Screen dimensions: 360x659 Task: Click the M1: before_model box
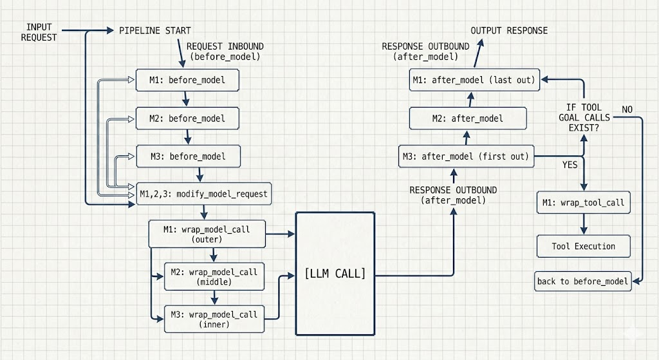[x=187, y=81]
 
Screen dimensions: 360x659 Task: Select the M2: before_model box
[x=187, y=118]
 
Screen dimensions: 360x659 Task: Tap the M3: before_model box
[x=189, y=156]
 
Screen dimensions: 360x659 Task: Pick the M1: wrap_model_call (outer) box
[x=207, y=234]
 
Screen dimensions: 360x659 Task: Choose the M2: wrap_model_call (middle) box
[x=214, y=277]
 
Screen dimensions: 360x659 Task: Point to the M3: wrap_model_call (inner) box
[x=214, y=319]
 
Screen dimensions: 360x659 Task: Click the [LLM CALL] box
[x=335, y=274]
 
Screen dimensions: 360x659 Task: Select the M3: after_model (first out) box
[x=467, y=156]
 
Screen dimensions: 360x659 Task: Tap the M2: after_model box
[x=468, y=118]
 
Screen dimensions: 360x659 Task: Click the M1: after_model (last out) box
[x=475, y=81]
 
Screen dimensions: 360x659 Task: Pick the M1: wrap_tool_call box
[x=584, y=203]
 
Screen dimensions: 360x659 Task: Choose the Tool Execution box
[x=584, y=246]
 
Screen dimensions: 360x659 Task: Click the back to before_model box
[x=583, y=282]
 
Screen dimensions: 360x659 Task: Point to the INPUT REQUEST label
[x=39, y=32]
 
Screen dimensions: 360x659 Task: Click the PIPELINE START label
[x=155, y=30]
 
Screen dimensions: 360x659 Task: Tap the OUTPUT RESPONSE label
[x=509, y=30]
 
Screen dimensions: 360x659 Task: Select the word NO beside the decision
[x=627, y=109]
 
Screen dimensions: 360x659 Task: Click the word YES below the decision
[x=570, y=165]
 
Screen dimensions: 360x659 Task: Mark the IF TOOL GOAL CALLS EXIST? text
[x=584, y=118]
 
